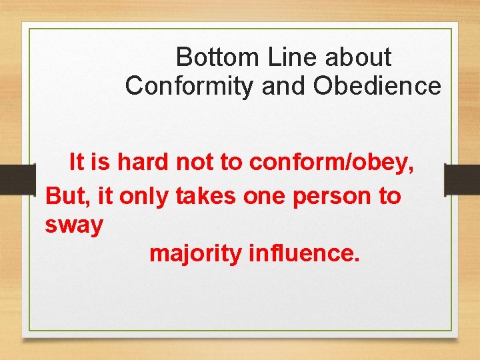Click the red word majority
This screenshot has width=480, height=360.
195,255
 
